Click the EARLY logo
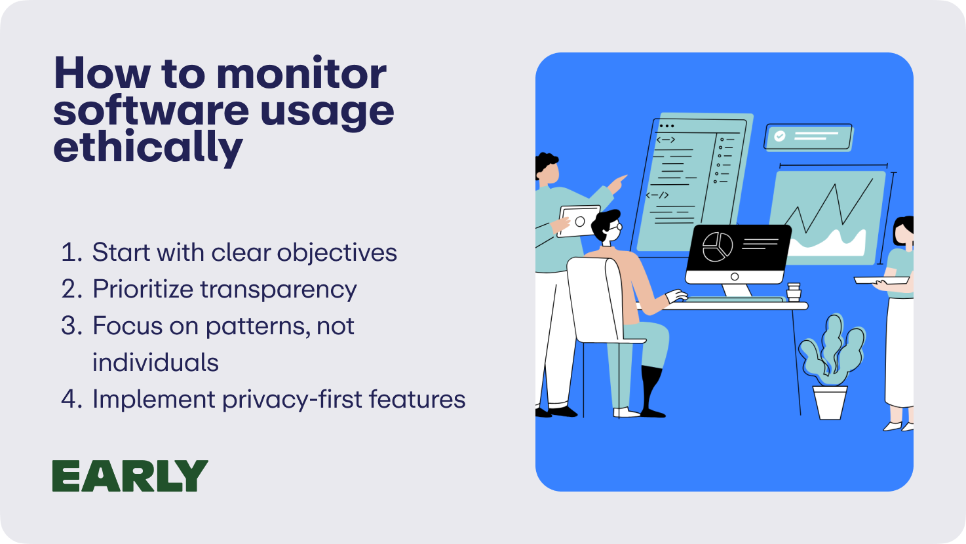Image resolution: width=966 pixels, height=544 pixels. coord(130,476)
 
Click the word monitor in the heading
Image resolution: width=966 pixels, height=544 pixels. coord(301,73)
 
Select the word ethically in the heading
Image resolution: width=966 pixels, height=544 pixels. coord(148,147)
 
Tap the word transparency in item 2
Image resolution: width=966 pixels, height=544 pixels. coord(279,290)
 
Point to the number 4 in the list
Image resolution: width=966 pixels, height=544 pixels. coord(69,399)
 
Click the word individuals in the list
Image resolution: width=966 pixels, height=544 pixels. coord(155,362)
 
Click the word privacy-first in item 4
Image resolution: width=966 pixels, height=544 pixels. coord(292,400)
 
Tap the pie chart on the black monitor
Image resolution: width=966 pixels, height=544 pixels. coord(717,246)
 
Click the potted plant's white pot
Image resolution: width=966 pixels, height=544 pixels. coord(830,402)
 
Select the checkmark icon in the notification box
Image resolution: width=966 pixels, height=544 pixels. coord(780,136)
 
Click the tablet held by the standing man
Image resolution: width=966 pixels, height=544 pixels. coord(579,222)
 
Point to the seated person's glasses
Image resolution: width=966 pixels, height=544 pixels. coord(616,227)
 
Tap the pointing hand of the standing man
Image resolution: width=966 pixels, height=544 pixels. coord(617,184)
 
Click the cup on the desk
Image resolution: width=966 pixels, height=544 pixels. coord(794,292)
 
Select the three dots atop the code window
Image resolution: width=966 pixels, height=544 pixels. coord(667,126)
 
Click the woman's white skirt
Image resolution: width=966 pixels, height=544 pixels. coord(900,352)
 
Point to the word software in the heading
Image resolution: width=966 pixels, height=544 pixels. coord(151,111)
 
